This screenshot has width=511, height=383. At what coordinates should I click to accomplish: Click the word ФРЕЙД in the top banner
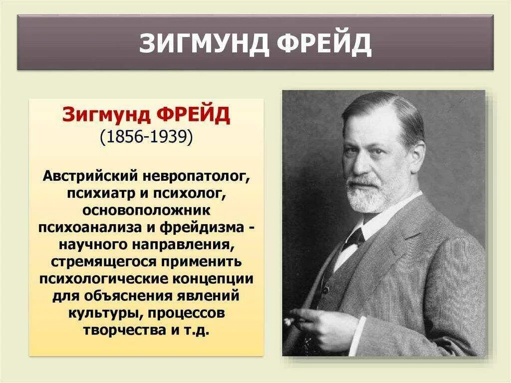324,44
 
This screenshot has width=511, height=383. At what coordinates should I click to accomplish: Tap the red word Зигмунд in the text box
106,115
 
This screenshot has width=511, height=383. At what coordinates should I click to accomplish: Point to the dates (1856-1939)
146,137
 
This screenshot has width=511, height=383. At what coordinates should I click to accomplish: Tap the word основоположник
146,210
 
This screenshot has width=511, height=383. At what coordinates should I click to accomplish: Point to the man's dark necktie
355,238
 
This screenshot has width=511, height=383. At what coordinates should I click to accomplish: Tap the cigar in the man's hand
290,321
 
